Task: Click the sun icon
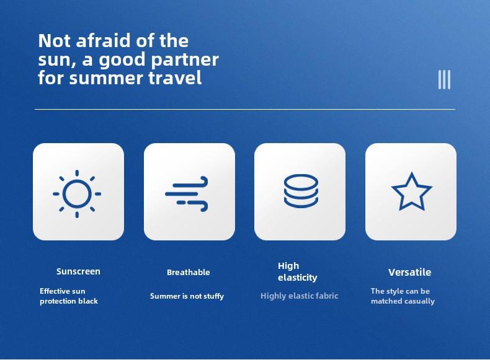[77, 194]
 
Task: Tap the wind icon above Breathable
[187, 194]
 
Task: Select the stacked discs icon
[301, 191]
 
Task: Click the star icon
[412, 191]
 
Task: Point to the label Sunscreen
[78, 271]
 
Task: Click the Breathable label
[189, 272]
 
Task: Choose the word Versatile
[410, 272]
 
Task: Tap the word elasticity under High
[298, 278]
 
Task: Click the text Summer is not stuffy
[187, 296]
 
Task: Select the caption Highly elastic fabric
[300, 296]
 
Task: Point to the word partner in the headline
[185, 60]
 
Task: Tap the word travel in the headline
[175, 77]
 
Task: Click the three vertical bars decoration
[444, 79]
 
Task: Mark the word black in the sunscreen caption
[90, 301]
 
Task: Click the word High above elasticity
[288, 266]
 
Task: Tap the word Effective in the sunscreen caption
[51, 291]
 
